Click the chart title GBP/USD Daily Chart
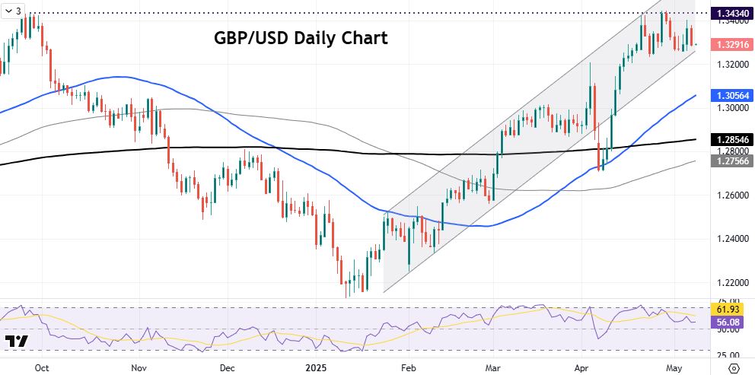click(301, 37)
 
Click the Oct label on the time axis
click(43, 367)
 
